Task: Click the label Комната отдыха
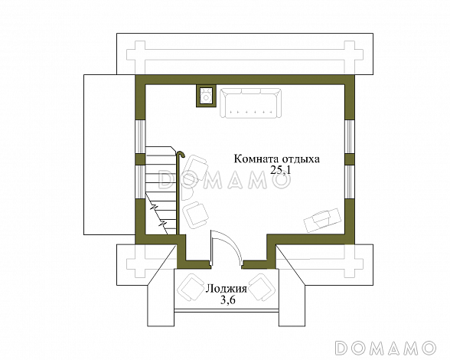[277, 159]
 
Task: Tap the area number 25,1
[281, 171]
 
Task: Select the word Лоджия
[226, 289]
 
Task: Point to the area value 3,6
[227, 300]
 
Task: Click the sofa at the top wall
[250, 103]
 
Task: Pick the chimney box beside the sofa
[206, 96]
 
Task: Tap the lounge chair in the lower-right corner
[323, 220]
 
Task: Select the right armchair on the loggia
[262, 287]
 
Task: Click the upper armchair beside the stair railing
[195, 169]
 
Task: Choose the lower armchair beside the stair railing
[196, 215]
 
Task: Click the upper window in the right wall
[350, 136]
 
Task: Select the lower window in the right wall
[350, 182]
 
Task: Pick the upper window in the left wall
[140, 136]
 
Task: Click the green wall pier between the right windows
[350, 160]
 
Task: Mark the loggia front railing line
[227, 310]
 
